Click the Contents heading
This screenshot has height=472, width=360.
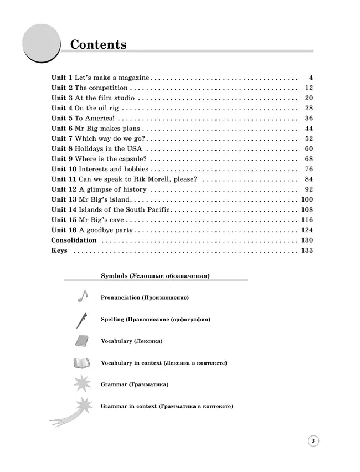click(98, 44)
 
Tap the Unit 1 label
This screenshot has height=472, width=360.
click(61, 78)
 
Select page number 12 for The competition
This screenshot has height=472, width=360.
click(309, 88)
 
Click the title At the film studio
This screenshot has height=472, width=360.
click(104, 98)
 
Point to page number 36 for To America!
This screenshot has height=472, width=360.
click(309, 119)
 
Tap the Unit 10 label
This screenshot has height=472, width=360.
click(64, 169)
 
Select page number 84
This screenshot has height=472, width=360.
click(309, 179)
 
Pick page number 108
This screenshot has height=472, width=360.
click(307, 209)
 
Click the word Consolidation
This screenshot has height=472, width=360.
click(74, 240)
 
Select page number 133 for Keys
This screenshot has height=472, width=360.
click(307, 250)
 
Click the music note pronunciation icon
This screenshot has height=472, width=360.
click(82, 296)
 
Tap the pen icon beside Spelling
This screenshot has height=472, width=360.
click(81, 320)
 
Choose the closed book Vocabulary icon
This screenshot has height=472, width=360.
click(81, 341)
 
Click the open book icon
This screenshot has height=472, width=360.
click(82, 363)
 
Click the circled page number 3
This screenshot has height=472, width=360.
click(313, 441)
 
